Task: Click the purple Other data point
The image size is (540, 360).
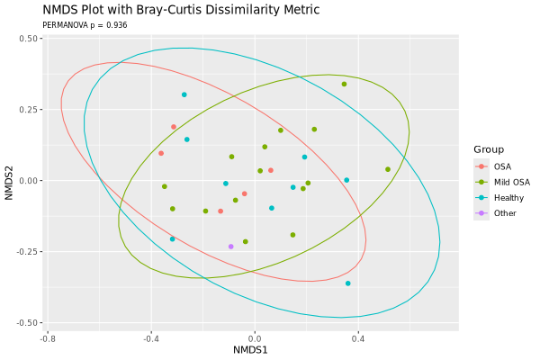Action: (x=230, y=246)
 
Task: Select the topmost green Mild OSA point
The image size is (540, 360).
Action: (x=344, y=85)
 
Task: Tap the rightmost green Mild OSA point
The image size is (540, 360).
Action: (x=388, y=169)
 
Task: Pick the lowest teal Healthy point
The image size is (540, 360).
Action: (x=347, y=283)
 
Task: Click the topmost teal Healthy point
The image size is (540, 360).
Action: (x=184, y=94)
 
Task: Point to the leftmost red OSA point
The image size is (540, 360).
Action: (x=161, y=153)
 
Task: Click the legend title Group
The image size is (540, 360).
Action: (x=490, y=149)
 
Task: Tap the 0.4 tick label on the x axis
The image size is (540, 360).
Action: (x=358, y=338)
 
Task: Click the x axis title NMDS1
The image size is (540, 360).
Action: (x=250, y=349)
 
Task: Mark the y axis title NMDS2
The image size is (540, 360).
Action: (x=9, y=180)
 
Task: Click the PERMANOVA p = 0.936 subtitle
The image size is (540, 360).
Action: (x=85, y=25)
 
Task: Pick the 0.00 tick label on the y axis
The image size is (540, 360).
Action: (x=27, y=181)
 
